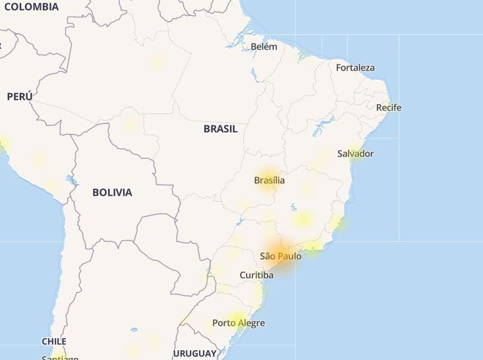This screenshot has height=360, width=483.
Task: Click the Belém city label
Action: click(x=264, y=47)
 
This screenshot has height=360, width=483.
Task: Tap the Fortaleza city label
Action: click(x=355, y=67)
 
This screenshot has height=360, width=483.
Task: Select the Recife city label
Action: click(x=389, y=107)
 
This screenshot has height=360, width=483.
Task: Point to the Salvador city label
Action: click(x=355, y=154)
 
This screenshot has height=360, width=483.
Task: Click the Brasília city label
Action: click(x=270, y=180)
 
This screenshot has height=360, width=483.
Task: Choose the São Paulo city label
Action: click(x=280, y=256)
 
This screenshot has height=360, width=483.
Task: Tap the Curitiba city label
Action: click(x=256, y=275)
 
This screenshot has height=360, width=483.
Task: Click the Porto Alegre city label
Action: click(x=239, y=323)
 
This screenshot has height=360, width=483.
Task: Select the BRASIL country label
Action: click(x=220, y=129)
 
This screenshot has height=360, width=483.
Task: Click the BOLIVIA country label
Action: click(x=112, y=193)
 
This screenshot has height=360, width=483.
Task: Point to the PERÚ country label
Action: click(x=20, y=96)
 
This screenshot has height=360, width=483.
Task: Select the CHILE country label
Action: click(x=54, y=342)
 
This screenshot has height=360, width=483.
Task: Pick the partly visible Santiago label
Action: click(x=60, y=357)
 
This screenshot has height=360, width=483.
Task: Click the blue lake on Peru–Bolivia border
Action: click(x=71, y=179)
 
